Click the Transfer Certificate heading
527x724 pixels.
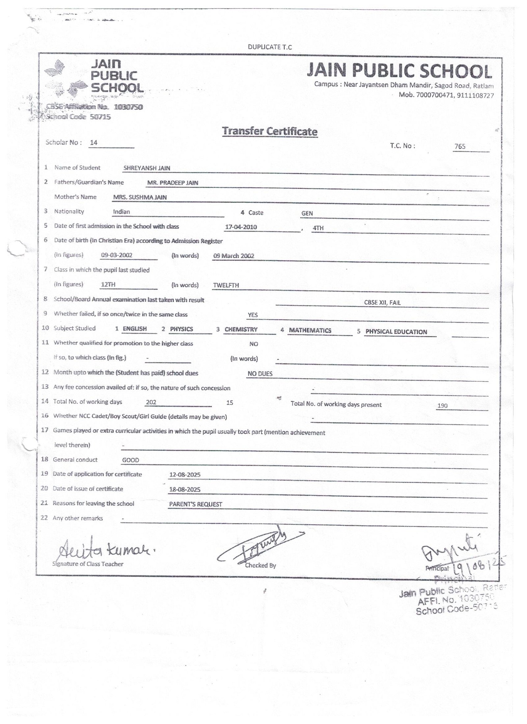click(x=270, y=131)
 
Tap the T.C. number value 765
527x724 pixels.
click(x=460, y=146)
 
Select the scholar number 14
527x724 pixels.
click(x=94, y=142)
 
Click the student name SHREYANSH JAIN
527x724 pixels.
click(x=147, y=168)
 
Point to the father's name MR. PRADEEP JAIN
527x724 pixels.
click(x=173, y=183)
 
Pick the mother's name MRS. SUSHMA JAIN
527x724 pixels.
click(x=140, y=197)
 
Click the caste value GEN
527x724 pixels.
click(x=307, y=213)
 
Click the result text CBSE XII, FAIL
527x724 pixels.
click(x=382, y=302)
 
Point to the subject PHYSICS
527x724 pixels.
click(x=181, y=329)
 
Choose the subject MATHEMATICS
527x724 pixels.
click(x=310, y=330)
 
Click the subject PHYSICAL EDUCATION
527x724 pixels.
click(x=396, y=332)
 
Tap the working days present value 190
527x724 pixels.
click(x=442, y=406)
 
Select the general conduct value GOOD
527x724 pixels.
click(x=130, y=460)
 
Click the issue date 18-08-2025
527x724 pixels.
click(x=184, y=489)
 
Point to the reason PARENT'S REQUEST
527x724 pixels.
click(x=196, y=504)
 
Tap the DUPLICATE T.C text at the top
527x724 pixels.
click(x=270, y=47)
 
